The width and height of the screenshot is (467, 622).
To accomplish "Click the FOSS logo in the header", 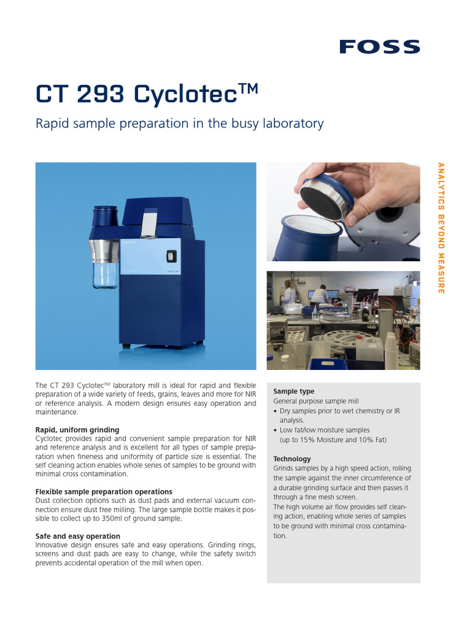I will pyautogui.click(x=379, y=47).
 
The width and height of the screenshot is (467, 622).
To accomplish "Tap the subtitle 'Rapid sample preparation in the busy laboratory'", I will pyautogui.click(x=179, y=123).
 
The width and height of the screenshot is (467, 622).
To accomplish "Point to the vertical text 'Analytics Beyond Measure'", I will pyautogui.click(x=441, y=228).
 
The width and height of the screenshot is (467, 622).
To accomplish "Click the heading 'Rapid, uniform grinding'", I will pyautogui.click(x=77, y=430).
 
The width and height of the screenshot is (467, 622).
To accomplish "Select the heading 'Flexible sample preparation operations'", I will pyautogui.click(x=104, y=491).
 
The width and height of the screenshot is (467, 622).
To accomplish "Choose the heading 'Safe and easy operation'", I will pyautogui.click(x=78, y=536).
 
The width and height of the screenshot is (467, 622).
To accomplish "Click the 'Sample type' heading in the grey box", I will pyautogui.click(x=294, y=392).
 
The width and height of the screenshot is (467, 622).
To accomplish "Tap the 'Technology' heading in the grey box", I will pyautogui.click(x=292, y=459).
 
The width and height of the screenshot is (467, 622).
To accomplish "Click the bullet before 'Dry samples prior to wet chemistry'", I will pyautogui.click(x=275, y=411).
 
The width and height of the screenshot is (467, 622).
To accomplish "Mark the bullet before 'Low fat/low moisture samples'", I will pyautogui.click(x=275, y=430).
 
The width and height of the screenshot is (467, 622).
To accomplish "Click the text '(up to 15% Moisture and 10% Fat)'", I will pyautogui.click(x=333, y=440).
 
